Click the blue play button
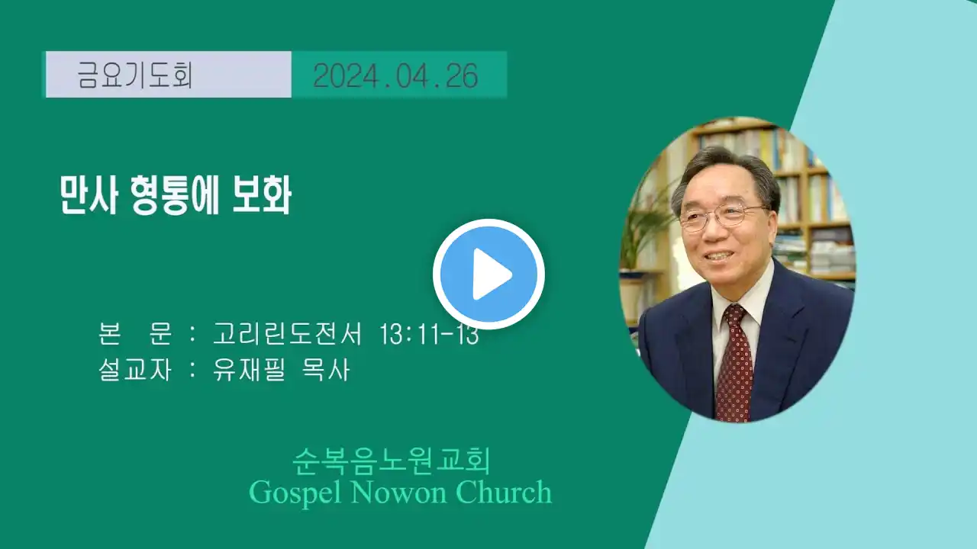coord(488,274)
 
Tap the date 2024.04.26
coord(395,75)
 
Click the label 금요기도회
coord(135,75)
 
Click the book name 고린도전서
coord(288,334)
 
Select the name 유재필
coord(249,371)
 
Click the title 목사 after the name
coord(326,371)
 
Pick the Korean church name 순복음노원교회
coord(392,461)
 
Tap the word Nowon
coord(398,492)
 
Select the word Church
coord(504,492)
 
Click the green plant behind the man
coord(646,226)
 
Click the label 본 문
coord(135,334)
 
